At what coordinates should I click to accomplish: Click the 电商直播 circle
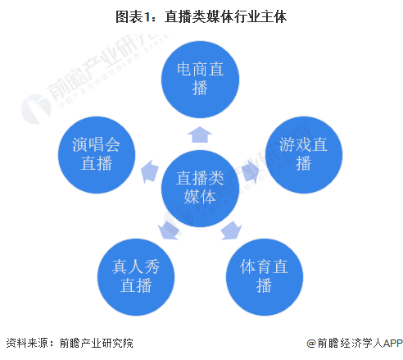(x=200, y=80)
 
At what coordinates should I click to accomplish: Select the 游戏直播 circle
(x=304, y=155)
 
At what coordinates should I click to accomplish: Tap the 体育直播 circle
(x=265, y=277)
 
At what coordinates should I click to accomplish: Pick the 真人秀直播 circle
(x=136, y=277)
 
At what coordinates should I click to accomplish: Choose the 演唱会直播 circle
(x=97, y=155)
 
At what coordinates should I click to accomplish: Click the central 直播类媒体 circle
(x=200, y=189)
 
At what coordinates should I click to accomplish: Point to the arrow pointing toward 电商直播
(x=200, y=134)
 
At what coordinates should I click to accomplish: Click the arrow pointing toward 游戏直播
(x=251, y=171)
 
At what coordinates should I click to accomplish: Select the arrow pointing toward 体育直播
(x=231, y=230)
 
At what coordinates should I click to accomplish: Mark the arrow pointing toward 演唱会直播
(x=149, y=171)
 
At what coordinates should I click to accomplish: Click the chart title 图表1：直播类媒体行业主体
(x=201, y=16)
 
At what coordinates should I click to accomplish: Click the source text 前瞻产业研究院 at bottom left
(x=97, y=343)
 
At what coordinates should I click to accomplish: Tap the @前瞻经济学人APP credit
(x=355, y=343)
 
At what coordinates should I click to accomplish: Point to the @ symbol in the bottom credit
(x=311, y=343)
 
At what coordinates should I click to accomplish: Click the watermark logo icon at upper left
(x=36, y=109)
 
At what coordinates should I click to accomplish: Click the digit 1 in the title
(x=147, y=17)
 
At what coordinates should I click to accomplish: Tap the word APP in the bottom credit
(x=393, y=343)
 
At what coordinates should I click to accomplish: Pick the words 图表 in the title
(x=129, y=16)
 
